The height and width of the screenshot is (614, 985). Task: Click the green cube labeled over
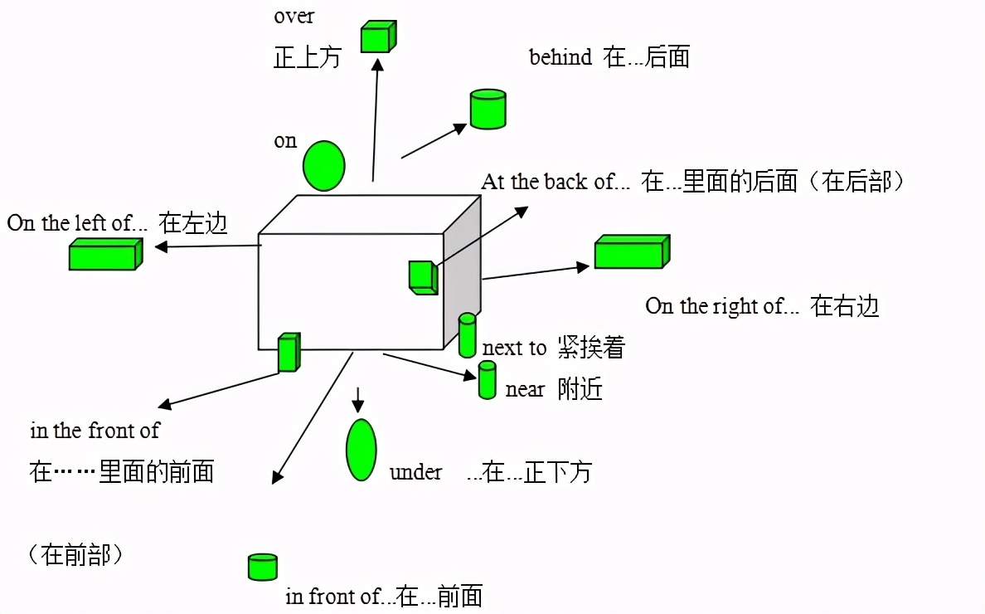point(378,37)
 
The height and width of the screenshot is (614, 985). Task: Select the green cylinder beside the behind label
point(488,109)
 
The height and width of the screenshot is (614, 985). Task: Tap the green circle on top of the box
point(323,165)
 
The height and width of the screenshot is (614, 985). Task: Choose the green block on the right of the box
point(631,251)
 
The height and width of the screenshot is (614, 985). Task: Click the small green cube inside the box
point(423,277)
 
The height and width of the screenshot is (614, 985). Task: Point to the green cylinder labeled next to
point(468,335)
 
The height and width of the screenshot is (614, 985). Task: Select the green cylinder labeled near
point(488,380)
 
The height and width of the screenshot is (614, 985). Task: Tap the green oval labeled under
point(361,450)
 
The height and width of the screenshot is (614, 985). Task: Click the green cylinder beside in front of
point(263,567)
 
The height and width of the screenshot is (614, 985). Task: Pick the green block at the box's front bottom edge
point(288,352)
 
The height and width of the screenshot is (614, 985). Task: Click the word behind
point(560,57)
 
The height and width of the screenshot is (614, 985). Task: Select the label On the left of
point(76,223)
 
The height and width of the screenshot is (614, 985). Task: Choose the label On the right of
point(722,306)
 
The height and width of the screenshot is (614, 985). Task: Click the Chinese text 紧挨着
point(591,348)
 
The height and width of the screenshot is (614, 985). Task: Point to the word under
point(415,472)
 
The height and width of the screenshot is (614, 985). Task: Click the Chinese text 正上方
point(308,57)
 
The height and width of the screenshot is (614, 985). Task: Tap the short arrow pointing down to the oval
point(357,399)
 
